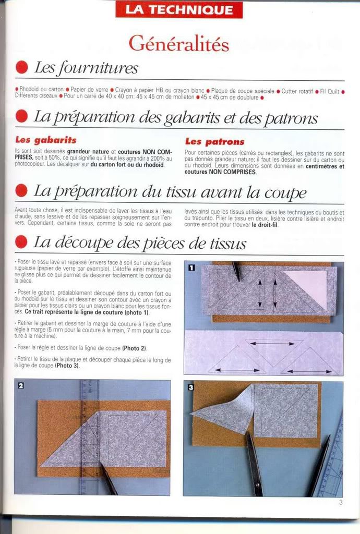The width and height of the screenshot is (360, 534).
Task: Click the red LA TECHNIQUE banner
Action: click(x=178, y=9)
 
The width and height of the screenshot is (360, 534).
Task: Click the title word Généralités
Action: click(x=178, y=43)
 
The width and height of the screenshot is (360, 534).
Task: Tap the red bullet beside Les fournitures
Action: click(x=21, y=67)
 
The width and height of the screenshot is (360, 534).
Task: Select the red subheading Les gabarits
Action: click(x=46, y=140)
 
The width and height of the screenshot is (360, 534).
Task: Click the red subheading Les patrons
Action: click(x=214, y=141)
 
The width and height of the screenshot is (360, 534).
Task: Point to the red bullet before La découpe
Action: click(x=21, y=242)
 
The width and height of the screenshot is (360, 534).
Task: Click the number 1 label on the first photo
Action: click(x=191, y=268)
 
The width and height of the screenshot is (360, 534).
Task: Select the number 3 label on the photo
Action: click(x=191, y=387)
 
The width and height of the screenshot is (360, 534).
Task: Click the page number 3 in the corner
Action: click(x=340, y=503)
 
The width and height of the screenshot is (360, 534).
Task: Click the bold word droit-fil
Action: click(x=265, y=226)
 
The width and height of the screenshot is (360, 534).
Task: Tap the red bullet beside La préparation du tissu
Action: click(x=21, y=191)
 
